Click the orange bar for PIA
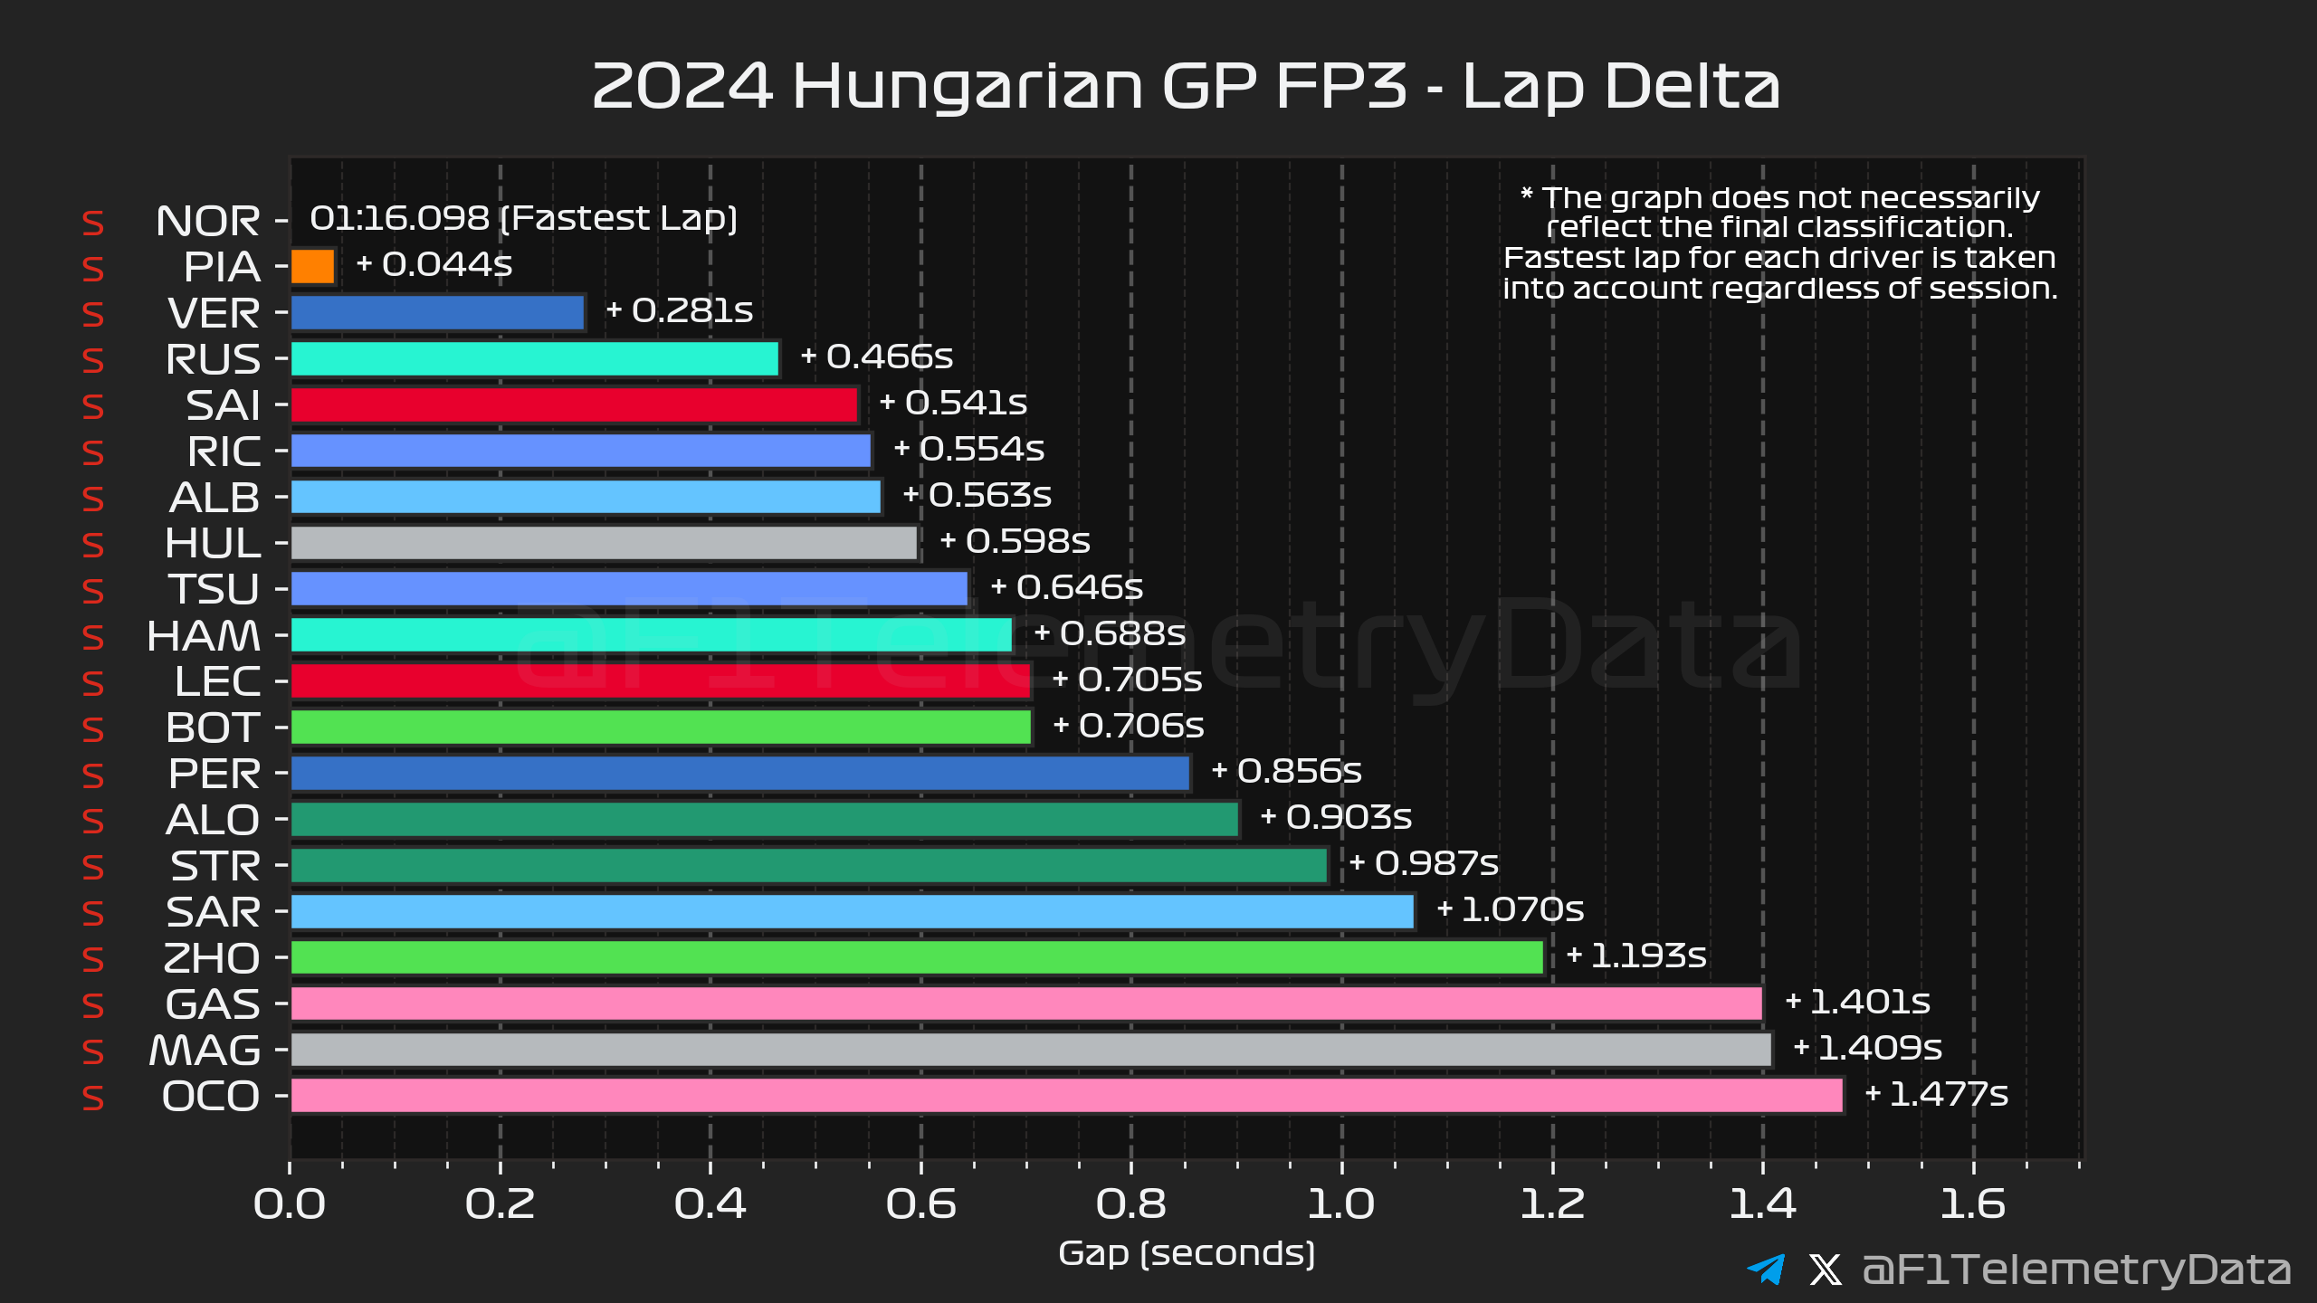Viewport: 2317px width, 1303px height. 313,267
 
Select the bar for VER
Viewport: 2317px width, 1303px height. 437,313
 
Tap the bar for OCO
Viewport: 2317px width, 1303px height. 1066,1096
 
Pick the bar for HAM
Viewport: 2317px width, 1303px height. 651,635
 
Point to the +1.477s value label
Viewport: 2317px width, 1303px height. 1937,1095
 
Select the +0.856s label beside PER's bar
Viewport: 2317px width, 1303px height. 1286,771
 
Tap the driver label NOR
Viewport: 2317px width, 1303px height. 207,222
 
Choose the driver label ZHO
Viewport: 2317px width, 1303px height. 211,958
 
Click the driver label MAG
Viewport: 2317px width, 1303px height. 205,1051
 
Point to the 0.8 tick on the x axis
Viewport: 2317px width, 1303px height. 1130,1204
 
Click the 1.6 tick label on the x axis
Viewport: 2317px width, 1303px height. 1973,1204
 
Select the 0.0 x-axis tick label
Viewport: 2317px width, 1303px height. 290,1204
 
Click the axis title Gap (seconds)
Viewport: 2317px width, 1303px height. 1187,1254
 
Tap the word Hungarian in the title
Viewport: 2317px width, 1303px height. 968,87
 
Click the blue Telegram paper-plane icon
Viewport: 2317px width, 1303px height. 1766,1269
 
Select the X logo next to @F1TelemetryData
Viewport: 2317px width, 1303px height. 1826,1270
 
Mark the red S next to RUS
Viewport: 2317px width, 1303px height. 92,361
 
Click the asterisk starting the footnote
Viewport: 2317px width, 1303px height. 1527,194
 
